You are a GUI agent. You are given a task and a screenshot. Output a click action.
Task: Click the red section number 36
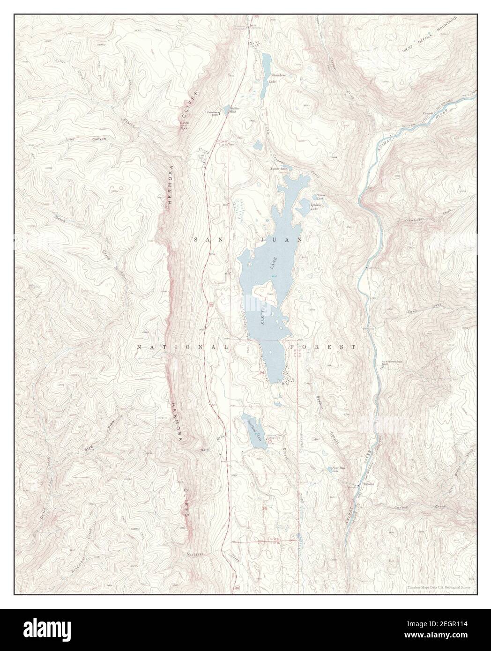pos(265,508)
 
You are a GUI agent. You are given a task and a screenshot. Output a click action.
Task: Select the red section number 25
pos(269,441)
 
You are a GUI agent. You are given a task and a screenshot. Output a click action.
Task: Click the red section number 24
pos(262,372)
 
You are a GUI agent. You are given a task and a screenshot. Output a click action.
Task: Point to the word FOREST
pos(323,347)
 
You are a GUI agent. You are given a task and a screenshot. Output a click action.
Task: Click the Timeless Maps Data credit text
pos(439,587)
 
